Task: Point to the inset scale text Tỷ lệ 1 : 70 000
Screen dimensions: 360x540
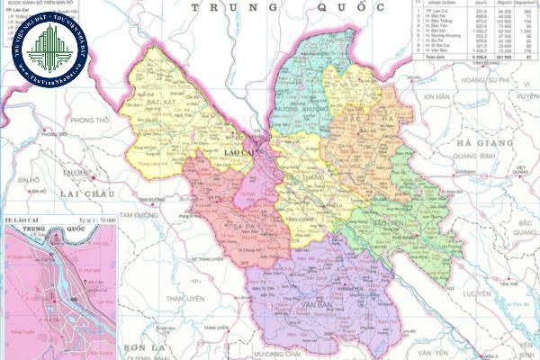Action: (94, 220)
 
